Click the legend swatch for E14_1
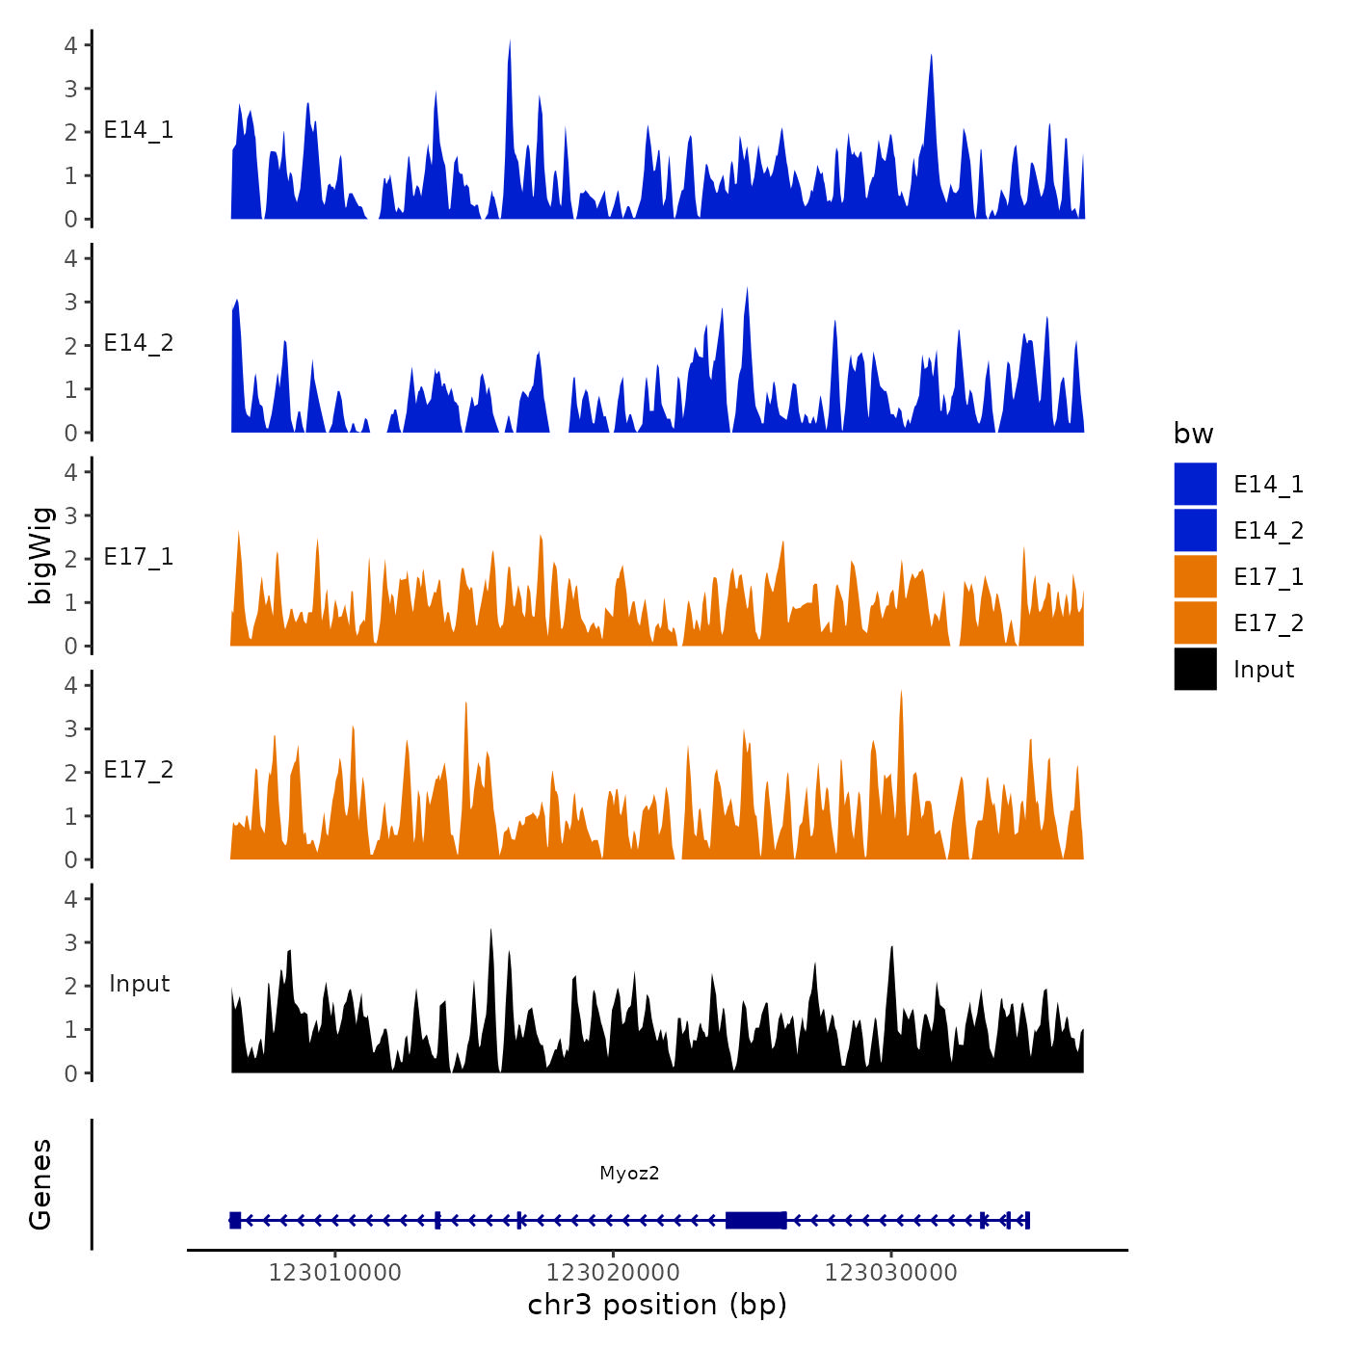(x=1195, y=484)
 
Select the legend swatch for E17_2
(x=1195, y=622)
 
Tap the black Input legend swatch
(x=1195, y=669)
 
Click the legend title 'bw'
(x=1193, y=434)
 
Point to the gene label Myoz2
(x=629, y=1173)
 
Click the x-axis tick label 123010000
(x=334, y=1272)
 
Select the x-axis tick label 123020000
(x=613, y=1272)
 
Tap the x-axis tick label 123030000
(x=891, y=1272)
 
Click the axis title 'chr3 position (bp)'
(x=657, y=1305)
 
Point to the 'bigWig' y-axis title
(x=40, y=555)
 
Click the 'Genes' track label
(x=40, y=1184)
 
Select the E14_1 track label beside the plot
(x=139, y=130)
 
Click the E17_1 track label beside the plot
(x=139, y=557)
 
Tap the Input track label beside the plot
(x=139, y=984)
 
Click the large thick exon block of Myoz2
(x=755, y=1220)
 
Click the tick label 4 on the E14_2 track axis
(x=70, y=258)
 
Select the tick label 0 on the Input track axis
(x=70, y=1073)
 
